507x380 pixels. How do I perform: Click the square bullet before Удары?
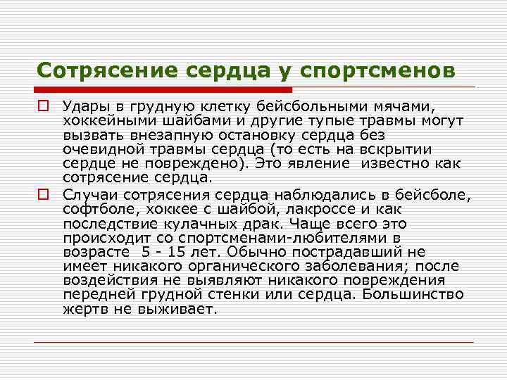pyautogui.click(x=43, y=106)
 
